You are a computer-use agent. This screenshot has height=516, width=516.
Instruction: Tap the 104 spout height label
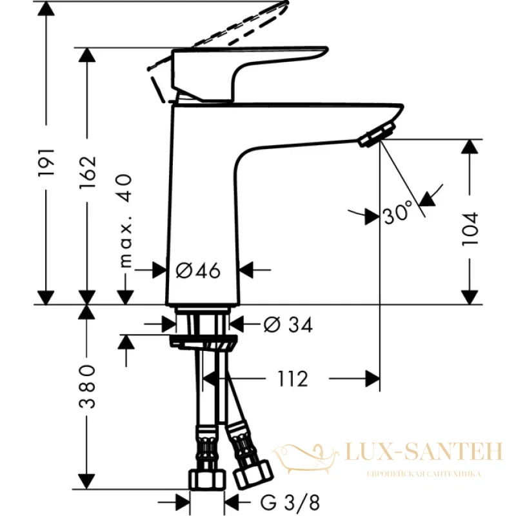470,228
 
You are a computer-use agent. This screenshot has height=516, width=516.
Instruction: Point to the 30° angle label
398,212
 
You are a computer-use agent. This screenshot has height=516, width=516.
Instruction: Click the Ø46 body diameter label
199,270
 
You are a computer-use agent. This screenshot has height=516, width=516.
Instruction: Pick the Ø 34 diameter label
288,325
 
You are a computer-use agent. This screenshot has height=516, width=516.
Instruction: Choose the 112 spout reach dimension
293,379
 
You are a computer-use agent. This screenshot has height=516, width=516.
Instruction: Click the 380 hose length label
88,386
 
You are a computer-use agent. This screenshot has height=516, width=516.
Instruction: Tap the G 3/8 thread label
290,502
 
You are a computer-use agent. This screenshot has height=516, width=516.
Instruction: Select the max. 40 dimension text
125,221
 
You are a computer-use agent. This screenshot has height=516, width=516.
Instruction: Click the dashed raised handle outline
220,35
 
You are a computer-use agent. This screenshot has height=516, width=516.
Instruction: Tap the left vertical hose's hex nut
207,480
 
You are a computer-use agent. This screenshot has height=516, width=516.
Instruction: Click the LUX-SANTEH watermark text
424,451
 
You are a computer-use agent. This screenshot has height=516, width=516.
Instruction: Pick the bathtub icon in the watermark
305,459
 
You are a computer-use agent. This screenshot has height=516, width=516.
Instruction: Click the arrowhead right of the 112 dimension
373,379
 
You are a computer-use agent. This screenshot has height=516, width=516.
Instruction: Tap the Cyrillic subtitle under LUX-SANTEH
424,474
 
